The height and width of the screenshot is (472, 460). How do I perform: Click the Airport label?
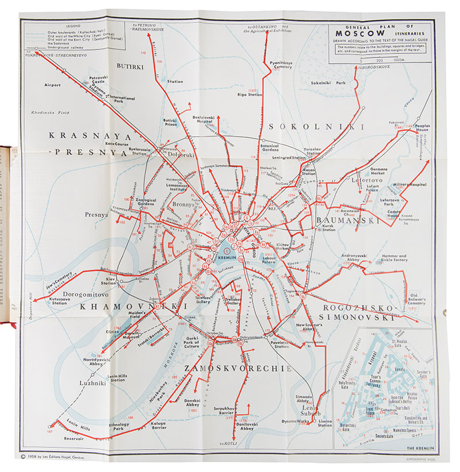pyautogui.click(x=52, y=84)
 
